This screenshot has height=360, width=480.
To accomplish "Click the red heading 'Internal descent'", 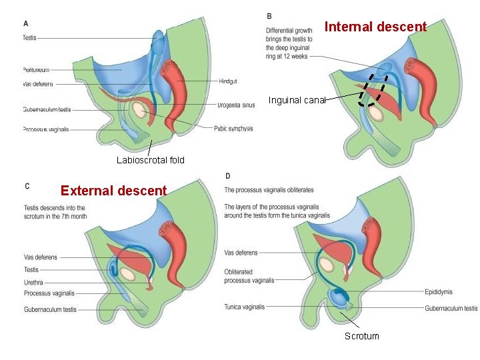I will point(375,27).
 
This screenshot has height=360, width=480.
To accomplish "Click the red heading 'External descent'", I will point(113,191).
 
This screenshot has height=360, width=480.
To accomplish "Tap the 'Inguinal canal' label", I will point(297,101).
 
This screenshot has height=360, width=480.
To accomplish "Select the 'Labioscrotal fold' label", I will point(151,160).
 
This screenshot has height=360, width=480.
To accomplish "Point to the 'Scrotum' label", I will point(361,336).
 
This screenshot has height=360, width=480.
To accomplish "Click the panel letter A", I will point(26,23).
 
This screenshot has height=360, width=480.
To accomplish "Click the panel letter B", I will point(269,15).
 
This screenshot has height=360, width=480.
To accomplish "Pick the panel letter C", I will point(27,186).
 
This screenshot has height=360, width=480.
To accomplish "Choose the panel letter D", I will point(228,176).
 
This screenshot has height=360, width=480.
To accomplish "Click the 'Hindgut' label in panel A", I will point(227,81).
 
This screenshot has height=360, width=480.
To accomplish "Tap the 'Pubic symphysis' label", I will point(233,129).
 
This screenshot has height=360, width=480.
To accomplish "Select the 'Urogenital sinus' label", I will point(235,105).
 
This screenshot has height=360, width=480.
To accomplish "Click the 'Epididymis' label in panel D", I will point(438,292).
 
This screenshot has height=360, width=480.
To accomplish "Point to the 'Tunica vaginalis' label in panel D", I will point(245,307).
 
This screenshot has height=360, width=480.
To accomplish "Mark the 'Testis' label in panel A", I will point(29,38).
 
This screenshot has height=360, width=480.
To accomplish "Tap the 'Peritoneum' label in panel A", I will point(36,69).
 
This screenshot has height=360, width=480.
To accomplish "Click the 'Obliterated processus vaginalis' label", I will point(249,277).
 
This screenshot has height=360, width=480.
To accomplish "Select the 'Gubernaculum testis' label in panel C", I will point(50,309).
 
